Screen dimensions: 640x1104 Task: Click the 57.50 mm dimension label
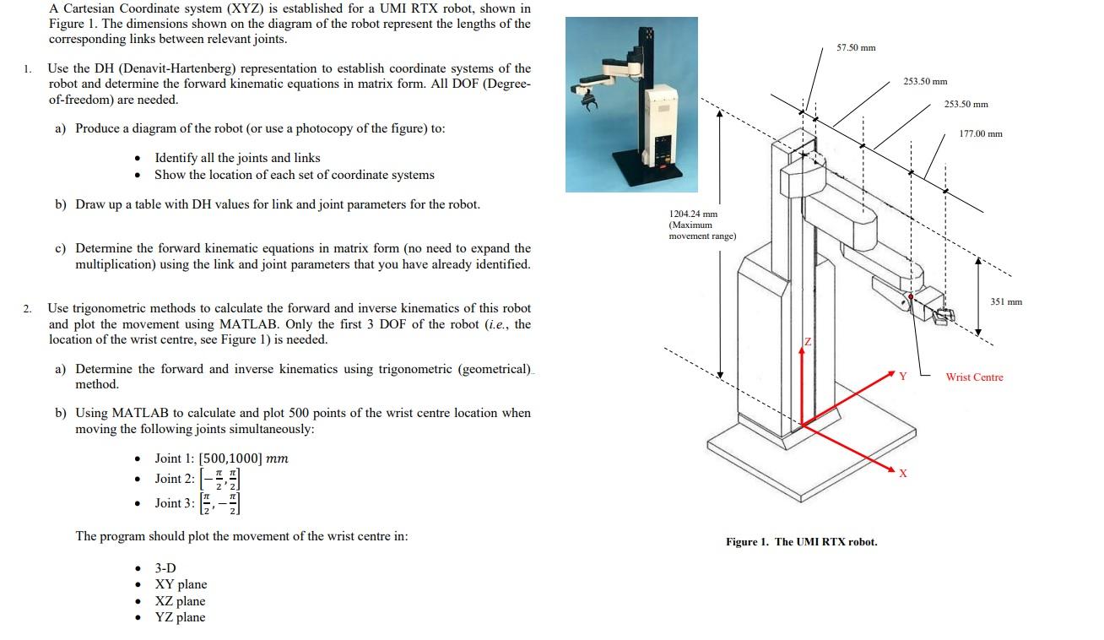click(x=856, y=47)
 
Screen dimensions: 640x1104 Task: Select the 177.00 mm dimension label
click(x=981, y=133)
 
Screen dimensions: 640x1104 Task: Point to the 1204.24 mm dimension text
click(x=692, y=214)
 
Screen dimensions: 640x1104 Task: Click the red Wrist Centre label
click(x=974, y=377)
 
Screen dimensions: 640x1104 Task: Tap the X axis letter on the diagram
click(x=902, y=473)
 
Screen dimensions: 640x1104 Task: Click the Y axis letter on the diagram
click(x=901, y=376)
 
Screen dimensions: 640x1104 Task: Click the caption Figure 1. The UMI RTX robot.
click(x=801, y=541)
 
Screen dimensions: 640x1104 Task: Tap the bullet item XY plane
click(x=181, y=584)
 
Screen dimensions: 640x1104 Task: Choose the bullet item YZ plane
click(x=180, y=617)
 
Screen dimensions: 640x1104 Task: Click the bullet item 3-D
click(x=165, y=568)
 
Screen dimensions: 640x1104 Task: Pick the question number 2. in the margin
click(x=30, y=308)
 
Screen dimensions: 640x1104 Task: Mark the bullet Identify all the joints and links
click(x=237, y=158)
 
